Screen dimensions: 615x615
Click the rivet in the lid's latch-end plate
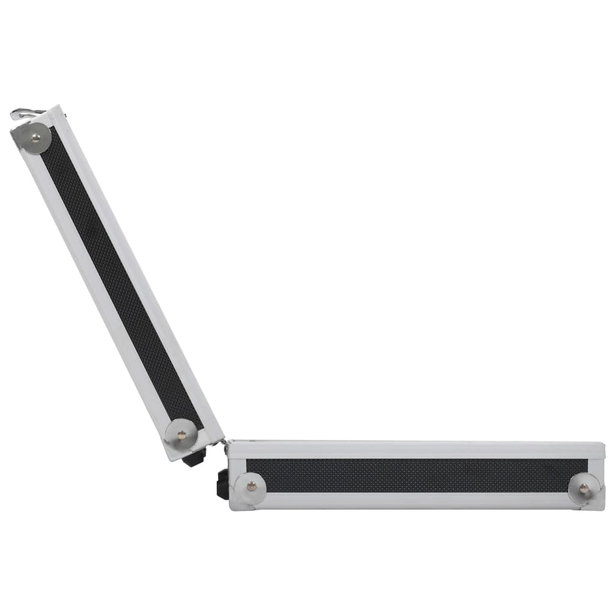coord(35,138)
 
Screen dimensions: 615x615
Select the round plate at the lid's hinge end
coord(180,434)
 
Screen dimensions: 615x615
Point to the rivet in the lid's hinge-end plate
coord(181,435)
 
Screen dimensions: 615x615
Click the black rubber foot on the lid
coord(195,458)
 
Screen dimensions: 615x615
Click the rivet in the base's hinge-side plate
coord(251,486)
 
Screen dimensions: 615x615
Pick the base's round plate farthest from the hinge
coord(583,488)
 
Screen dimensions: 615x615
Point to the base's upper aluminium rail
coord(414,450)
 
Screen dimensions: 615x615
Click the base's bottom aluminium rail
coord(414,500)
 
